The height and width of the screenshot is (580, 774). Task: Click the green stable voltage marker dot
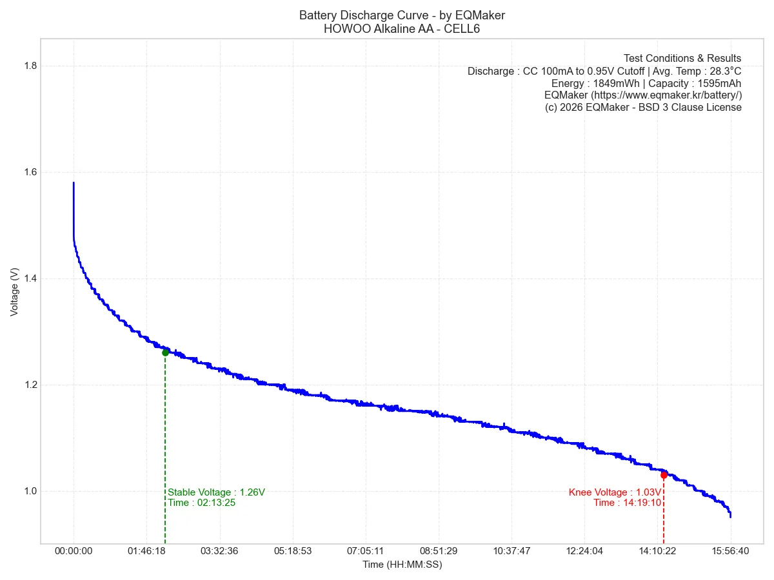click(165, 353)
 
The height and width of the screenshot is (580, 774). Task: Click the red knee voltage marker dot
click(664, 475)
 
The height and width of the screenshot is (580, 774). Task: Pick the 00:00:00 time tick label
click(74, 551)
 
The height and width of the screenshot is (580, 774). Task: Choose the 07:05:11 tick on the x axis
click(365, 551)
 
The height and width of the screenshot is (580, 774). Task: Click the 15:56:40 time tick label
click(730, 551)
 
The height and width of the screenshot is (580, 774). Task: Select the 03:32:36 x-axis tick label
click(219, 551)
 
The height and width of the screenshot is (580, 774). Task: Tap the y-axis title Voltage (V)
click(15, 292)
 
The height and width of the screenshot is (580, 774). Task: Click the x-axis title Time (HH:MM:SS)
click(402, 565)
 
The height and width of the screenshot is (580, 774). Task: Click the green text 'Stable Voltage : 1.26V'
click(216, 492)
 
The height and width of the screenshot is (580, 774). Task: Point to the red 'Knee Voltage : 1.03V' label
click(615, 492)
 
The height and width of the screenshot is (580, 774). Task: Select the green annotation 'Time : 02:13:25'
click(201, 503)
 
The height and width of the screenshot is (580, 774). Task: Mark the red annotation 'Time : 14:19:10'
click(627, 503)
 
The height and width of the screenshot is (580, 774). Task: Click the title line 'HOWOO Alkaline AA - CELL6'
click(402, 28)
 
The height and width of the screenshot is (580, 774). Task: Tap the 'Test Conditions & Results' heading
click(682, 59)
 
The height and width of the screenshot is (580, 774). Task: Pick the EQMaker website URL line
click(643, 95)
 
